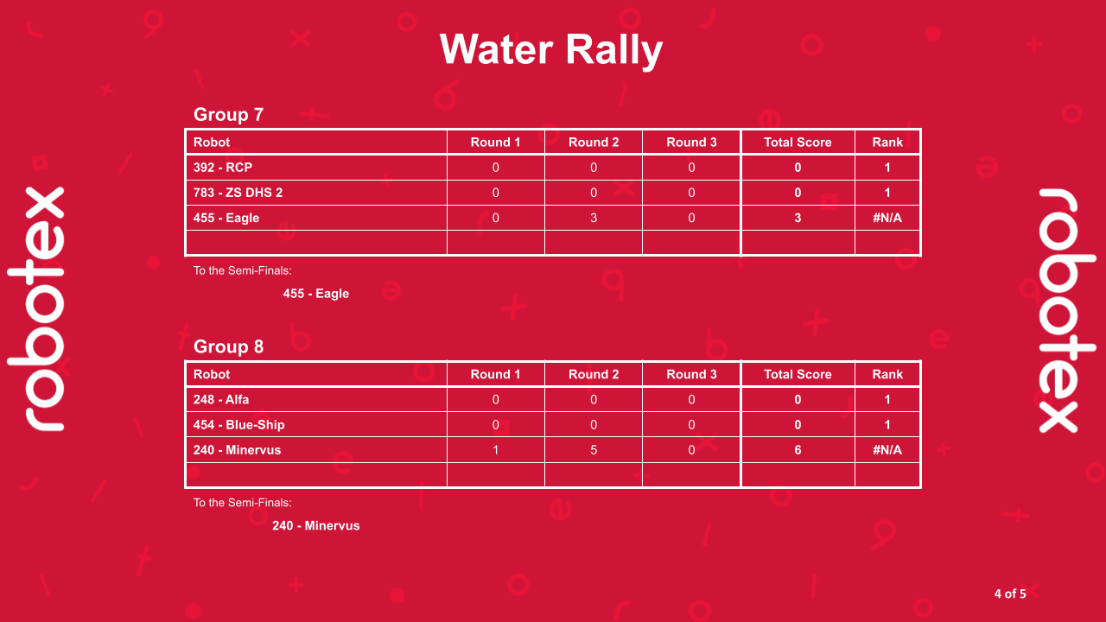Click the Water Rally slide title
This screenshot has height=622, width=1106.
pyautogui.click(x=551, y=49)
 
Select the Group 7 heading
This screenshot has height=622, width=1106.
pyautogui.click(x=228, y=114)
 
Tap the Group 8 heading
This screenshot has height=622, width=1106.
pyautogui.click(x=228, y=346)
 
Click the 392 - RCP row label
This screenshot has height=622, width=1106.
pyautogui.click(x=222, y=168)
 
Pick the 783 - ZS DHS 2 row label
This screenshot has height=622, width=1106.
pyautogui.click(x=238, y=193)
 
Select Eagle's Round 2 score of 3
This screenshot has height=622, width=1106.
pyautogui.click(x=594, y=218)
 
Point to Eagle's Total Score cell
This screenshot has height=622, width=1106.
pyautogui.click(x=798, y=218)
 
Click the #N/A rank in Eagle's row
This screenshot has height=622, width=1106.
pyautogui.click(x=887, y=218)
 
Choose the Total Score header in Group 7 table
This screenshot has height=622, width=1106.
pyautogui.click(x=798, y=143)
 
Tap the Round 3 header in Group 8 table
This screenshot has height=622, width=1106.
pyautogui.click(x=691, y=374)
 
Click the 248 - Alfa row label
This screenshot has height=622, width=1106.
pyautogui.click(x=221, y=400)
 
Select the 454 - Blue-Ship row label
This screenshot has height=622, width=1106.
pyautogui.click(x=238, y=425)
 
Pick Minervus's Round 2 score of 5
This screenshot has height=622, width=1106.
pyautogui.click(x=594, y=450)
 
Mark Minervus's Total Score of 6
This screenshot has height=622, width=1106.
pyautogui.click(x=798, y=450)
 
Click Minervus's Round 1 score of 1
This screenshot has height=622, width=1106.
pyautogui.click(x=495, y=450)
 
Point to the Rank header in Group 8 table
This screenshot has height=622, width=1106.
pyautogui.click(x=887, y=374)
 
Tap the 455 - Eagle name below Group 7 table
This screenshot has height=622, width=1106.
pyautogui.click(x=316, y=294)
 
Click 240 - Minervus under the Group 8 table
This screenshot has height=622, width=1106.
pyautogui.click(x=316, y=525)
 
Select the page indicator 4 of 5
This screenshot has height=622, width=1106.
pyautogui.click(x=1010, y=593)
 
